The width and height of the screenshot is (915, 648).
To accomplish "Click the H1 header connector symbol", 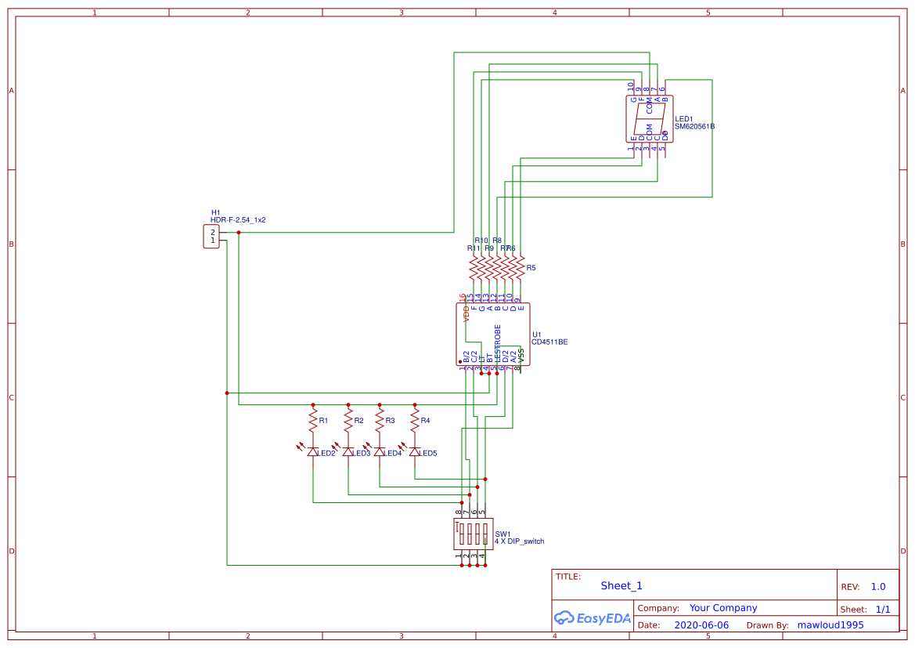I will [211, 237].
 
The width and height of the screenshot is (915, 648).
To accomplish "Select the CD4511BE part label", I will [549, 342].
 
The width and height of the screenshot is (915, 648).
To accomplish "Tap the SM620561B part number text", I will [694, 126].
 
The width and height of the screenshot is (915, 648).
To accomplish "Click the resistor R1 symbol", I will [313, 421].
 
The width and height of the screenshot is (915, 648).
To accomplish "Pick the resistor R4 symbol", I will [415, 421].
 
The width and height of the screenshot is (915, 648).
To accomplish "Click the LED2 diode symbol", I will [313, 452].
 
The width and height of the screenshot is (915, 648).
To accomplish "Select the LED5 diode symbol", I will [415, 452].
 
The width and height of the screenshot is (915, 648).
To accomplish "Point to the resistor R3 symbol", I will [380, 421].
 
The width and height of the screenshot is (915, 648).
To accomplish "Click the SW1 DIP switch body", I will [473, 534].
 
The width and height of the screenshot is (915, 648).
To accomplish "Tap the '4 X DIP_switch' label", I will [519, 541].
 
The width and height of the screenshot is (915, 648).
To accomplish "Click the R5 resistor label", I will [531, 268].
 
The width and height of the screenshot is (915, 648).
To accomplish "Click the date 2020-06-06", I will [701, 625].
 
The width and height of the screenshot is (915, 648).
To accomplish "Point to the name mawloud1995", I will [830, 625].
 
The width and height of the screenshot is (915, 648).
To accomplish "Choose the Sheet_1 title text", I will [621, 585].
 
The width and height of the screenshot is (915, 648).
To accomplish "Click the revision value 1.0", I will [877, 586].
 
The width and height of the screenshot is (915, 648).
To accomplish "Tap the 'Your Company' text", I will [722, 608].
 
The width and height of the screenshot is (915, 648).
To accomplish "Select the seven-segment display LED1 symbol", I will [648, 119].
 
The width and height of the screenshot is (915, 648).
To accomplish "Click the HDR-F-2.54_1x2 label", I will [238, 220].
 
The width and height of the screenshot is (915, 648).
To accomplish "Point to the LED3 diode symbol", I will [348, 452].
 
